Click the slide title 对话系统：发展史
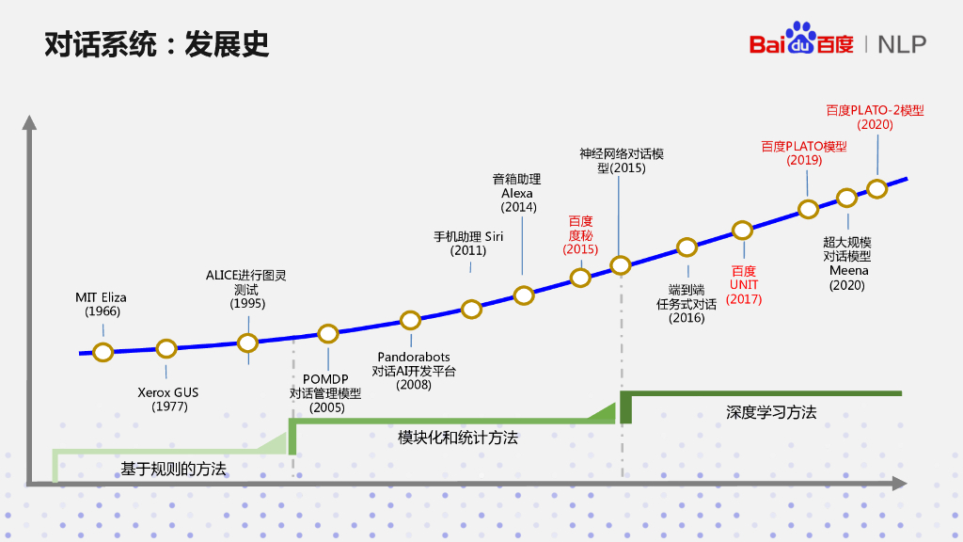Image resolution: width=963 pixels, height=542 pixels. tap(157, 44)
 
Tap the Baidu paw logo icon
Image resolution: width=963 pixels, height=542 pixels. tap(801, 39)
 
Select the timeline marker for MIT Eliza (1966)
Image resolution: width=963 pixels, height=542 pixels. tap(103, 352)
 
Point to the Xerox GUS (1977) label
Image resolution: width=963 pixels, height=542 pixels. tap(169, 399)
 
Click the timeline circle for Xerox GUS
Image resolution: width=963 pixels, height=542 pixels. tap(166, 348)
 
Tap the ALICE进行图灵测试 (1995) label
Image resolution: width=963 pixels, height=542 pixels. tap(247, 289)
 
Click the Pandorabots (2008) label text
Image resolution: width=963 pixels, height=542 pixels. tap(414, 371)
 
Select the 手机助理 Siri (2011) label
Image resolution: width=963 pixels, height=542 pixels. tap(467, 244)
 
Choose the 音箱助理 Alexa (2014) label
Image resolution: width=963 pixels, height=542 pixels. tap(517, 193)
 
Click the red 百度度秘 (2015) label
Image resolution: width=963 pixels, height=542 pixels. tap(580, 235)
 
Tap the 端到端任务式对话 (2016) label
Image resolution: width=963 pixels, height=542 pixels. tap(687, 304)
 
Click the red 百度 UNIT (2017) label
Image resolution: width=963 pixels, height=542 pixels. tap(744, 285)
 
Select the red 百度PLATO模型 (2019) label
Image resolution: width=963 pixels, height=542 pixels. tap(804, 153)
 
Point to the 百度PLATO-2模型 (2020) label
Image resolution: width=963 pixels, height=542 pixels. tap(875, 117)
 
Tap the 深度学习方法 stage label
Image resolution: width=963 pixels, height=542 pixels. tap(770, 412)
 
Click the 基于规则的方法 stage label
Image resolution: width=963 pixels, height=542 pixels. tap(173, 468)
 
